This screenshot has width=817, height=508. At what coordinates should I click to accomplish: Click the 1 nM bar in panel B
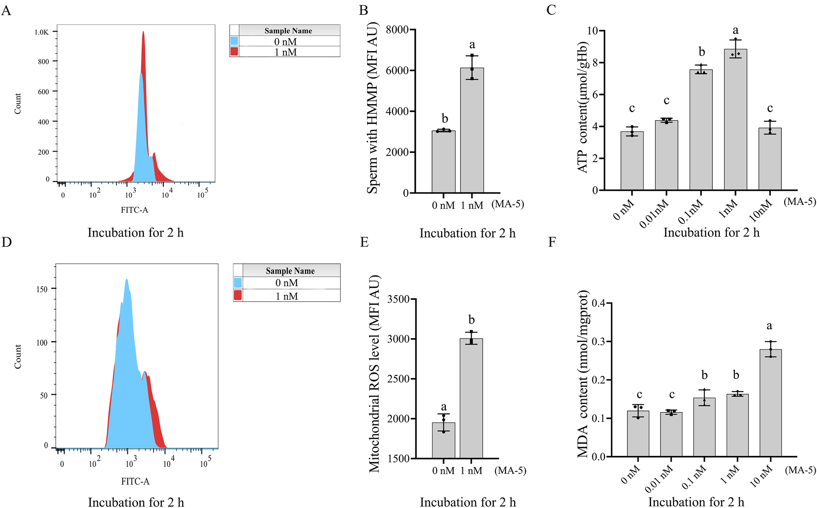472,131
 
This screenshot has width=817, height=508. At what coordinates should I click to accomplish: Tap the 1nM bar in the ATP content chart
735,120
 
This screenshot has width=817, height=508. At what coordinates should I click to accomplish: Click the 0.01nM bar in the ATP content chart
666,156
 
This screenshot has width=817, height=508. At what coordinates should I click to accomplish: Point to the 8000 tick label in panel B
397,30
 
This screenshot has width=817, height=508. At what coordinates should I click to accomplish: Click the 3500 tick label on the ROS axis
398,299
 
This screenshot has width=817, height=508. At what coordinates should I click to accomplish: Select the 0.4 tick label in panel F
598,303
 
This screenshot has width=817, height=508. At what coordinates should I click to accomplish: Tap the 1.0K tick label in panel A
41,32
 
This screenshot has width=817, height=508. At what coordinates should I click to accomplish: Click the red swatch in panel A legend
234,52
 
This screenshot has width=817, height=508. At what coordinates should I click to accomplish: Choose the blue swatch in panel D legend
237,283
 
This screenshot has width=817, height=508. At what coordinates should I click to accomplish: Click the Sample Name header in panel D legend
290,271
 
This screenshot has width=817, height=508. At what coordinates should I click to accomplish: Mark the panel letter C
551,10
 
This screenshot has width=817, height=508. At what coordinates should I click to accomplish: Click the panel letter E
364,242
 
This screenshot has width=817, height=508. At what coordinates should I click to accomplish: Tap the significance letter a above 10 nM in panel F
769,326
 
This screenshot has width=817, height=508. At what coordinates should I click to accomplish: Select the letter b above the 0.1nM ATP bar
701,52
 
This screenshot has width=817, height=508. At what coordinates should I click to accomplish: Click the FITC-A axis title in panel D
135,481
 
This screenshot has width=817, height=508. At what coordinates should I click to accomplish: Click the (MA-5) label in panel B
508,204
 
